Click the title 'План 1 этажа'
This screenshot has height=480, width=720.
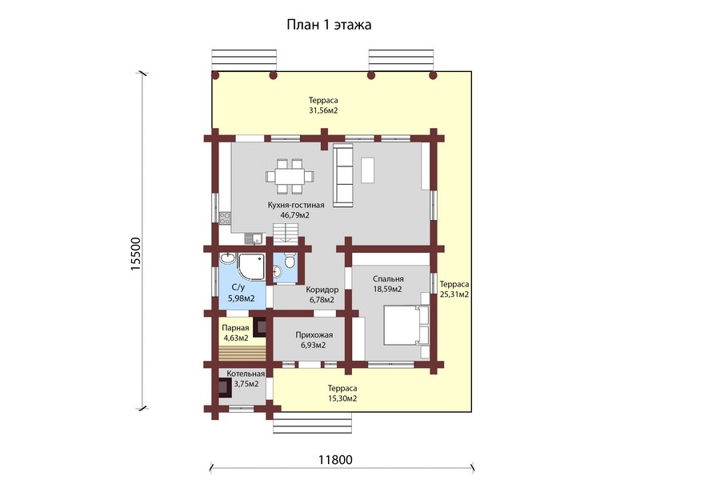coord(329,24)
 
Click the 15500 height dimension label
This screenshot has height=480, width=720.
coord(136,254)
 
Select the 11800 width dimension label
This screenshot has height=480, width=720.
coord(336,460)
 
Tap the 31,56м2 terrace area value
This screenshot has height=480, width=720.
coord(323,110)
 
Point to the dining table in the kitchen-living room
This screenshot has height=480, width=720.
coord(290,176)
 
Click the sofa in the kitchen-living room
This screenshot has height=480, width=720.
coord(342,174)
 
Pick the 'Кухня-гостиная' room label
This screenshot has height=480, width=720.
coord(296,205)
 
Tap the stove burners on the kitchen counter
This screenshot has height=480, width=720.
coord(225,218)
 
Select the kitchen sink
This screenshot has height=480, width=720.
coord(253,238)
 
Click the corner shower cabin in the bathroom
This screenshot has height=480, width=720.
coord(251,266)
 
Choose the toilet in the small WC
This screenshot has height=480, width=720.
coord(290,262)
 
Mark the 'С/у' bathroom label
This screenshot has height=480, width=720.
coord(238,288)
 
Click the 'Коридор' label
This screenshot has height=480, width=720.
coord(322,290)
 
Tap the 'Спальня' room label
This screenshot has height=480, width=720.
coord(388,279)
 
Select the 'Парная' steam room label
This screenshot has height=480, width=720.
coord(235,328)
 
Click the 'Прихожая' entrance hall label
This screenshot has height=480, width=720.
coord(314,335)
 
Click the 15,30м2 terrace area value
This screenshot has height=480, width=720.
coord(342,398)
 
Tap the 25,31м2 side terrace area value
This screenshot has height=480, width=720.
coord(454,294)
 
